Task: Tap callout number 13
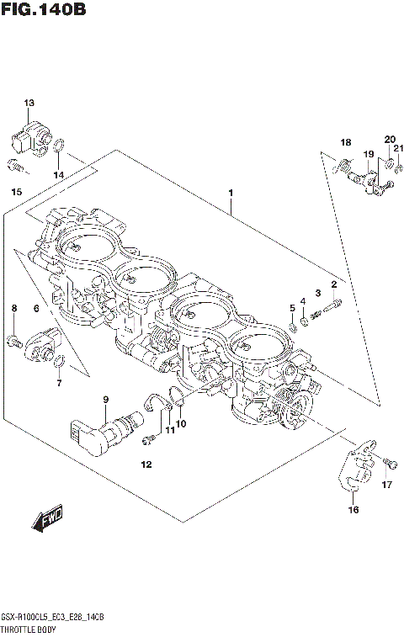[x=29, y=104]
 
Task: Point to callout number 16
[x=353, y=509]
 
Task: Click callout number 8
[x=13, y=310]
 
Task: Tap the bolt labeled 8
[x=14, y=341]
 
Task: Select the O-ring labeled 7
[x=58, y=363]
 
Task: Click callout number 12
[x=146, y=464]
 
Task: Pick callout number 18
[x=345, y=141]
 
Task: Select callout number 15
[x=16, y=193]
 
